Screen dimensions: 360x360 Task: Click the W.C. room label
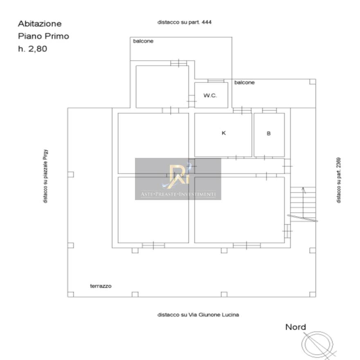pyautogui.click(x=210, y=95)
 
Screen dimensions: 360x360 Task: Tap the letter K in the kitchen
pyautogui.click(x=224, y=133)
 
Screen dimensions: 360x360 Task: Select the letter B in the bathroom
pyautogui.click(x=269, y=133)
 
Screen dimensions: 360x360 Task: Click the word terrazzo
pyautogui.click(x=101, y=286)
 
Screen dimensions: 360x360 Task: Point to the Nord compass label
pyautogui.click(x=295, y=327)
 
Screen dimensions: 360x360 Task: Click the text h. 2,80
pyautogui.click(x=33, y=49)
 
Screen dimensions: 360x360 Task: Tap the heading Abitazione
pyautogui.click(x=40, y=24)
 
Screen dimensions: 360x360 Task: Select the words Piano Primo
pyautogui.click(x=43, y=36)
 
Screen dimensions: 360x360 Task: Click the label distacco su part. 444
pyautogui.click(x=184, y=22)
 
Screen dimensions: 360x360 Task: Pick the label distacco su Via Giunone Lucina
pyautogui.click(x=198, y=315)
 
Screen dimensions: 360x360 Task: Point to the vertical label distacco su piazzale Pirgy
pyautogui.click(x=45, y=176)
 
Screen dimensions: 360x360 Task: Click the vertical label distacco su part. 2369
pyautogui.click(x=339, y=180)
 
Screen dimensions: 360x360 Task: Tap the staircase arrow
pyautogui.click(x=303, y=202)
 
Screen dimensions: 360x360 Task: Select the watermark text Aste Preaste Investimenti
pyautogui.click(x=178, y=194)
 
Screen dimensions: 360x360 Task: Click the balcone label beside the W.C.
pyautogui.click(x=244, y=82)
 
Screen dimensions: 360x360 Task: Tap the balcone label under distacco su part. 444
pyautogui.click(x=143, y=41)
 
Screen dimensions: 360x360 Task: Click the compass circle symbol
pyautogui.click(x=317, y=344)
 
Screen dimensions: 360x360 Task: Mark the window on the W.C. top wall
pyautogui.click(x=216, y=81)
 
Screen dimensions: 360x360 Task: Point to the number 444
pyautogui.click(x=207, y=22)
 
